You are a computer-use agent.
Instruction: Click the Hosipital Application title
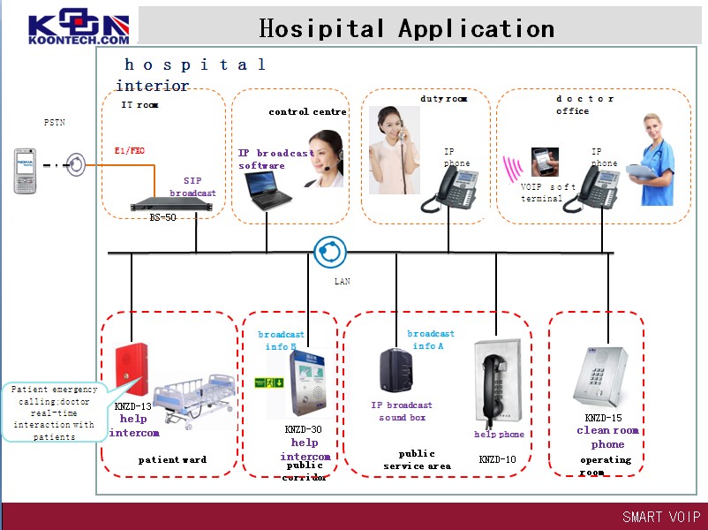(x=406, y=28)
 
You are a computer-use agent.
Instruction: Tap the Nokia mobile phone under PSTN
(x=26, y=170)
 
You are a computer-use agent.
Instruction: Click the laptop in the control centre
(x=267, y=190)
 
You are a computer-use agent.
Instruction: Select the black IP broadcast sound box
(x=397, y=372)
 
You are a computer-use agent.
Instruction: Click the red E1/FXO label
(x=130, y=151)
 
